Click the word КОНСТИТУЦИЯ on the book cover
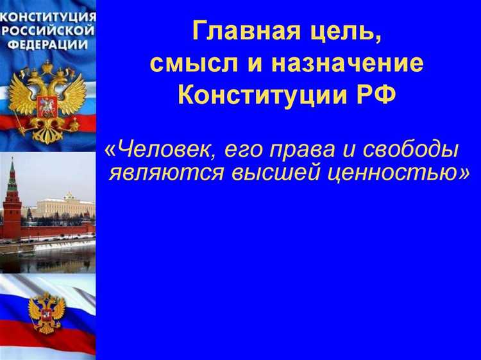coord(48,16)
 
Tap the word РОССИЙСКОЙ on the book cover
coord(48,30)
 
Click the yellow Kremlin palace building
coord(64,207)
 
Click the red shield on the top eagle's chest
coord(47,105)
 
